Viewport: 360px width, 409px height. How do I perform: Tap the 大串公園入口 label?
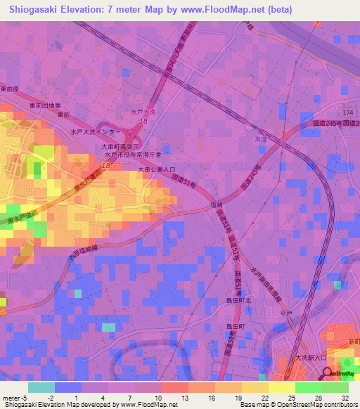pyautogui.click(x=156, y=169)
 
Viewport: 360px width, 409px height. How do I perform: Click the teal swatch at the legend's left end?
pyautogui.click(x=41, y=387)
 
